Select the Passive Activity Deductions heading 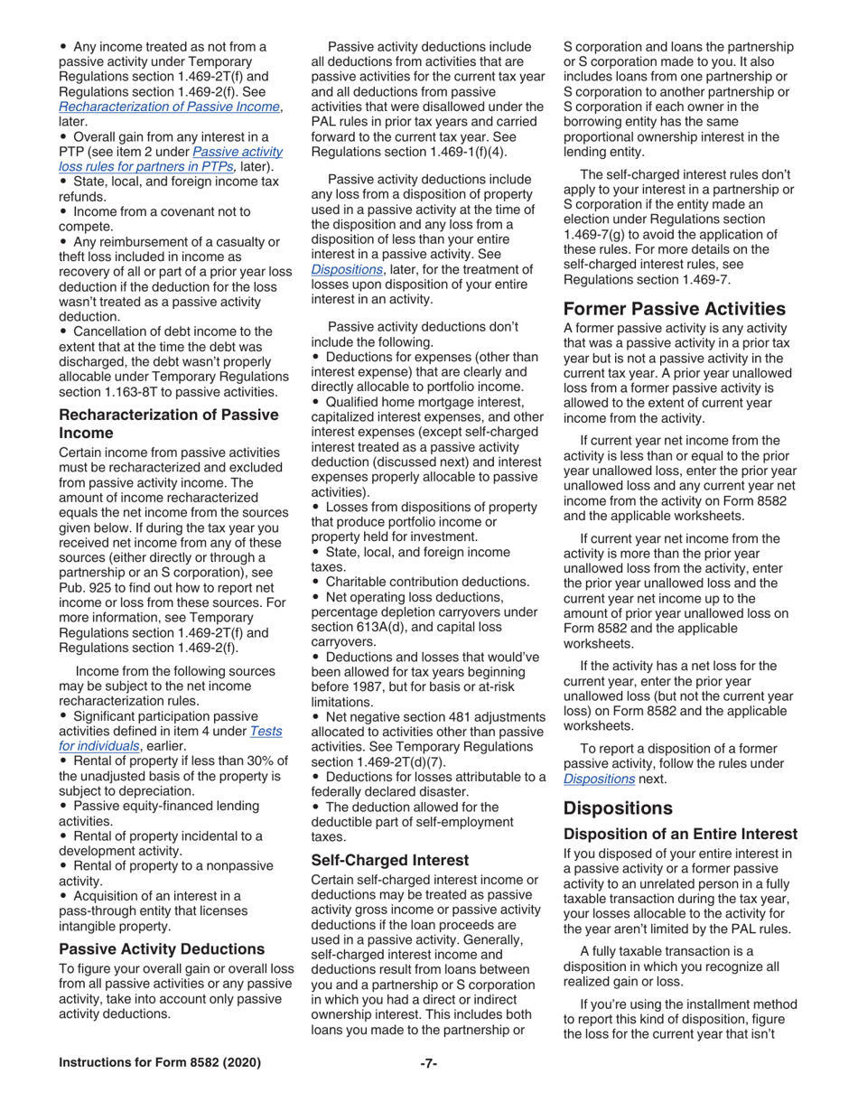[x=162, y=948]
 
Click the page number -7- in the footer [x=428, y=1062]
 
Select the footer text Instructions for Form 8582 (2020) [x=160, y=1062]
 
